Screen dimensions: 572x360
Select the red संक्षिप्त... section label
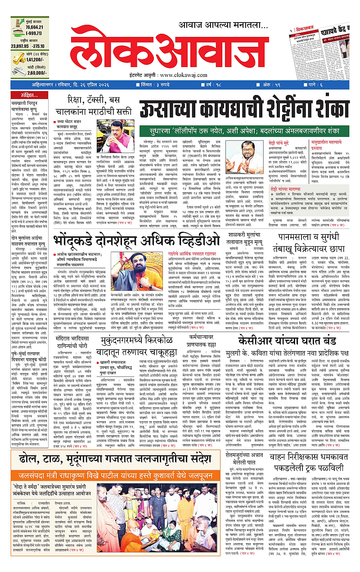[x=31, y=95]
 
